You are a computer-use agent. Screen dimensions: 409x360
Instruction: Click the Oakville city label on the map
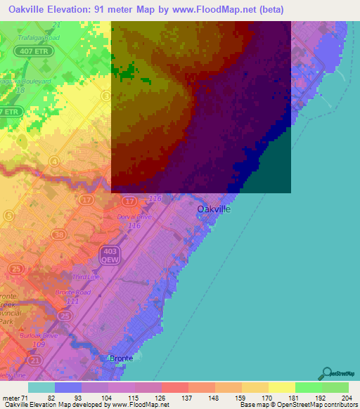tap(214, 209)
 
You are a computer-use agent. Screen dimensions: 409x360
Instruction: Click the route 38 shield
tap(59, 235)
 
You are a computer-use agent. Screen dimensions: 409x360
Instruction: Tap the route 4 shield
tap(54, 161)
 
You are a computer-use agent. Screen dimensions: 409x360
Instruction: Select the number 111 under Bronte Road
tap(71, 301)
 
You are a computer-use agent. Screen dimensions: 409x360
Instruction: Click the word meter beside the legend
tap(12, 398)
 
